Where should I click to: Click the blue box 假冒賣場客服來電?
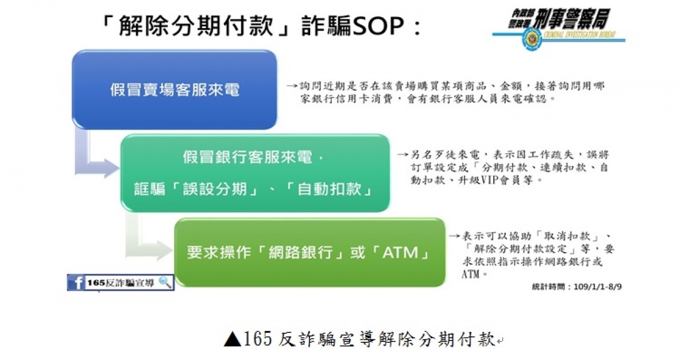(x=175, y=90)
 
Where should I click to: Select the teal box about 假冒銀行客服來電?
(x=256, y=173)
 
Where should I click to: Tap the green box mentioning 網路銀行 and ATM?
(x=309, y=252)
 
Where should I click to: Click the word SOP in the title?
(x=378, y=26)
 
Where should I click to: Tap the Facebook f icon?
(x=76, y=282)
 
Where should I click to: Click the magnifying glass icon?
(x=165, y=282)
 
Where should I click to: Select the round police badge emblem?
(x=531, y=39)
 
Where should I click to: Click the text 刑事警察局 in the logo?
(x=571, y=18)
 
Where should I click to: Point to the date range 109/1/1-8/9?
(x=597, y=287)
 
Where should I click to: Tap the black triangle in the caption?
(x=233, y=339)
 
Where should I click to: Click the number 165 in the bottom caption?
(x=258, y=339)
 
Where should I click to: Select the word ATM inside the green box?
(x=401, y=252)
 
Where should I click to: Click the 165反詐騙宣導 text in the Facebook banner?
(x=121, y=282)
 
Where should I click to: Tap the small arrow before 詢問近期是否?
(x=292, y=86)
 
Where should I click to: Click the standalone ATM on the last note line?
(x=471, y=274)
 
